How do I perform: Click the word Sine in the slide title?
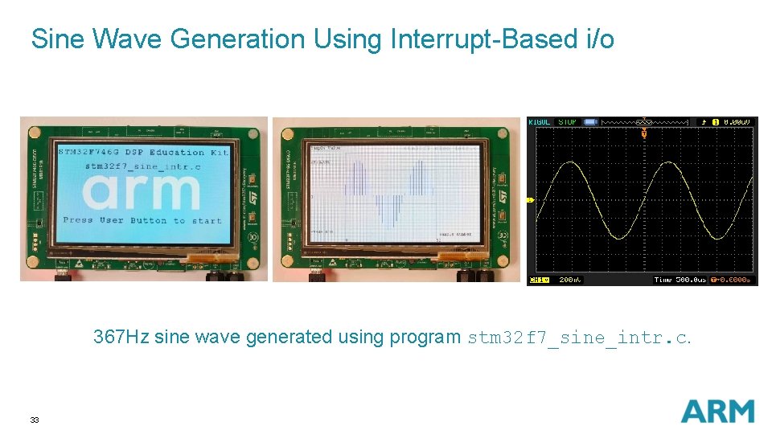57,39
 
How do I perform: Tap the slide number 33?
35,420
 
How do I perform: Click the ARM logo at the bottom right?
717,411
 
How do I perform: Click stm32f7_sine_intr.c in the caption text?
578,338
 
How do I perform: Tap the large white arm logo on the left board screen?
142,191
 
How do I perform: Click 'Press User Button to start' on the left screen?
142,220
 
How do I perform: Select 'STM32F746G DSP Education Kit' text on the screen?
143,152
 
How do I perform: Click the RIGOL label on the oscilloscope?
540,122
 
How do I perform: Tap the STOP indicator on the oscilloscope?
567,122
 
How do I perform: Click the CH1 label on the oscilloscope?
538,280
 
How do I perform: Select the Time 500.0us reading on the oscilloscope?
680,280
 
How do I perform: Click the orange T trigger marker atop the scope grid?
643,133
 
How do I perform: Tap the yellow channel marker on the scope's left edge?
530,199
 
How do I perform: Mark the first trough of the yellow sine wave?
619,239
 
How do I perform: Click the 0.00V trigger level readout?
737,122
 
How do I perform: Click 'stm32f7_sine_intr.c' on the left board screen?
143,166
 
